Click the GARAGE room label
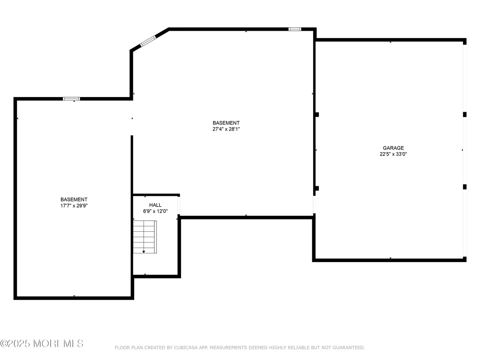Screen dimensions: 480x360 [393, 148]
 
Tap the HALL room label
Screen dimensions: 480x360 [155, 205]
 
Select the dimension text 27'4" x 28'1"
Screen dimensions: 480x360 [226, 129]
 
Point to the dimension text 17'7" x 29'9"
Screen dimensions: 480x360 [74, 206]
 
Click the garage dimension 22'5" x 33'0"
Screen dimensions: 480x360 [393, 154]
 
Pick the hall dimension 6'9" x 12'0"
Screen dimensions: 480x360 [155, 211]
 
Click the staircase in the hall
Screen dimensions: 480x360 [145, 237]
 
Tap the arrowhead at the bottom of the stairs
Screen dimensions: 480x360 [143, 252]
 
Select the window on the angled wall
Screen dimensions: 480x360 [148, 41]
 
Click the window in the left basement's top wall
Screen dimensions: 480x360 [71, 99]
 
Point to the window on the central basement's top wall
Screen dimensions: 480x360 [295, 29]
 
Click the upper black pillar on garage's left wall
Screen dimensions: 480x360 [317, 114]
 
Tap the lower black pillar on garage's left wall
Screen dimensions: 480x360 [317, 188]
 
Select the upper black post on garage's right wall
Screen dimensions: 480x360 [465, 114]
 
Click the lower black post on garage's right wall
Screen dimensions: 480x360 [465, 187]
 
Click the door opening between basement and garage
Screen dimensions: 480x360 [314, 204]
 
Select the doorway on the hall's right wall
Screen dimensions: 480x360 [179, 205]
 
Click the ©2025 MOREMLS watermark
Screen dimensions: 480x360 [42, 344]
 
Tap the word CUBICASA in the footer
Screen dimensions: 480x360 [186, 347]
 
